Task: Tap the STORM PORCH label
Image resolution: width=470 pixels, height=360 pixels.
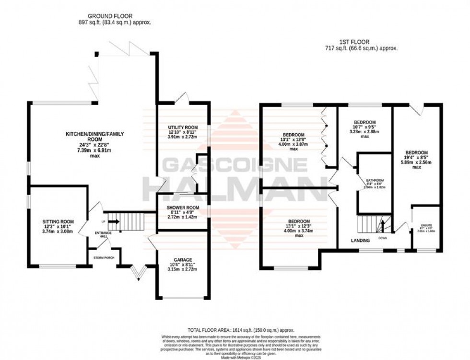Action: tap(103, 256)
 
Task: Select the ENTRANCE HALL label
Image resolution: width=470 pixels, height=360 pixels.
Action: tap(103, 235)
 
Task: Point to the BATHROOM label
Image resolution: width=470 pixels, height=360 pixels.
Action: tap(375, 182)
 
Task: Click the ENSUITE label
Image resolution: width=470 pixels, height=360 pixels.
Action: tap(426, 225)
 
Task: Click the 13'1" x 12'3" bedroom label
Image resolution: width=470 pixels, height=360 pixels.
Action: tap(293, 221)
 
